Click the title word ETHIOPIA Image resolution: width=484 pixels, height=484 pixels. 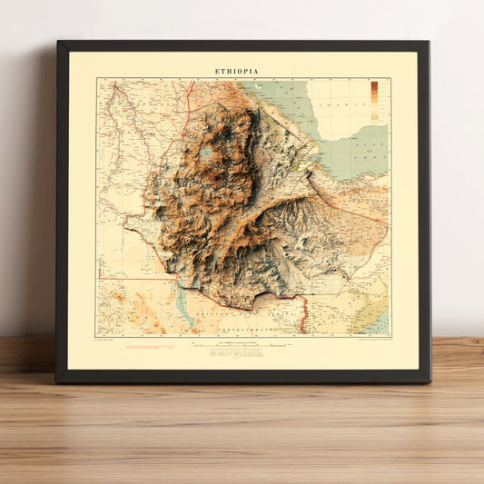[x=236, y=71]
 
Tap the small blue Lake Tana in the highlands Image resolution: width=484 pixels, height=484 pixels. [x=206, y=153]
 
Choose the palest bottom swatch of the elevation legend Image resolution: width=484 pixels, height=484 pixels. [x=374, y=118]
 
